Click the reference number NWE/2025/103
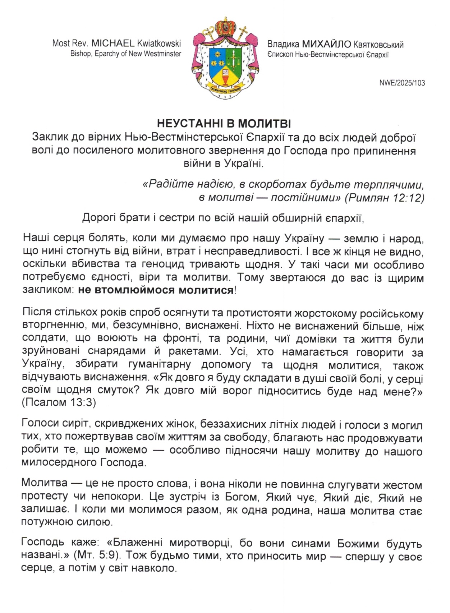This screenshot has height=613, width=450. [402, 83]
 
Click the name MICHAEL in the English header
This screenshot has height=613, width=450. [112, 43]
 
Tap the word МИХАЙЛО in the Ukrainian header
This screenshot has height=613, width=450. [326, 45]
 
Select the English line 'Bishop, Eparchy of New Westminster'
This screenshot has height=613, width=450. [125, 54]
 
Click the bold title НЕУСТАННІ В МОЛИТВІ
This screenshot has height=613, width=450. [224, 124]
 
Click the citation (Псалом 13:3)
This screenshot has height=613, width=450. [59, 403]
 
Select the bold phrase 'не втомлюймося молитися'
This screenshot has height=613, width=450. [156, 290]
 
